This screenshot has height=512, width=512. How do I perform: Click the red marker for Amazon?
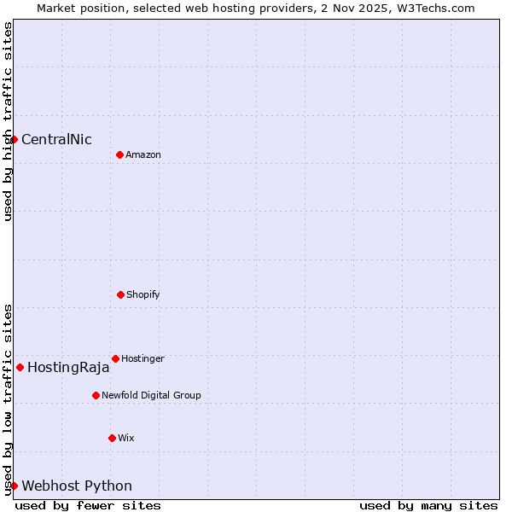(x=119, y=154)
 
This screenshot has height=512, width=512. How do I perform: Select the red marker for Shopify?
(x=120, y=294)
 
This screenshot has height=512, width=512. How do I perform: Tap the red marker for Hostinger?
(x=115, y=358)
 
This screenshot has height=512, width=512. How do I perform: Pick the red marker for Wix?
(x=112, y=438)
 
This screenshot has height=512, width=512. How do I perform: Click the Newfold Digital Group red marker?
(x=96, y=395)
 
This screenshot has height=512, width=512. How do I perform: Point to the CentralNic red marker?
(x=15, y=139)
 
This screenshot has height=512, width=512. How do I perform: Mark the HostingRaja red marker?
(x=20, y=367)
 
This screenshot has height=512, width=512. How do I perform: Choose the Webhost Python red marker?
(x=15, y=486)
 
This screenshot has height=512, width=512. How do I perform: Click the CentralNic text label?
(x=56, y=140)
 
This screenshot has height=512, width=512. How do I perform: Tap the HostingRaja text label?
(x=68, y=368)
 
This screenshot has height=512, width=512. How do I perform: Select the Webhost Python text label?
(x=77, y=486)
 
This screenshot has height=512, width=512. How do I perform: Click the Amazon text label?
(x=143, y=155)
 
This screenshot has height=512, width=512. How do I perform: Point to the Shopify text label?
(x=143, y=295)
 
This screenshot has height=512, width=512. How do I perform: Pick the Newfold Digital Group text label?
(x=151, y=396)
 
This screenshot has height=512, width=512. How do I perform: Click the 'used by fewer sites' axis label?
(x=88, y=505)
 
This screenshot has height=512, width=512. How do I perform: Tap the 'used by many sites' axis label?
(x=428, y=505)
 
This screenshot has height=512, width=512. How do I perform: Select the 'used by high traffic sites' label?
(x=8, y=121)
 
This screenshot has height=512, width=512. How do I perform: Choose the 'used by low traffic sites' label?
(x=8, y=399)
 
